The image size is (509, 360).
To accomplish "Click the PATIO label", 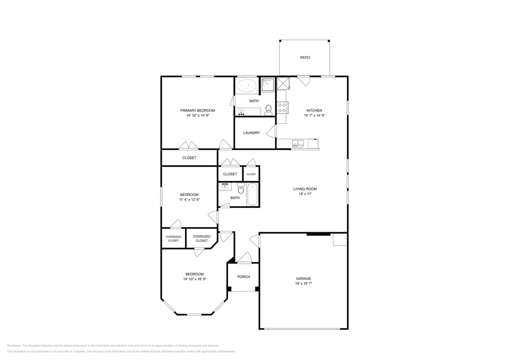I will [x=305, y=58].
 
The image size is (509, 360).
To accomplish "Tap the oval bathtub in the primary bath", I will [x=246, y=86].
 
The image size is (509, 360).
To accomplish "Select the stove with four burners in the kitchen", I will [x=282, y=108].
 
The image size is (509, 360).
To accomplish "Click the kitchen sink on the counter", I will [x=297, y=143].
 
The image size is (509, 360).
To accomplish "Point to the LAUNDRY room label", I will [x=251, y=133].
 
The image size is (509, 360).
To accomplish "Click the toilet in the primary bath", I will [x=268, y=109].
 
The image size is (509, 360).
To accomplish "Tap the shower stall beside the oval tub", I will [x=268, y=85].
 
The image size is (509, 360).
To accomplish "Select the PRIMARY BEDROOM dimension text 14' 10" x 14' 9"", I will [x=198, y=116].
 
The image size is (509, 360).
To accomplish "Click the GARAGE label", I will [x=303, y=278].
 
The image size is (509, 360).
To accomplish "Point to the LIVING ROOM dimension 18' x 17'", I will [x=305, y=194].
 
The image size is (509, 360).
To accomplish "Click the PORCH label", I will [x=243, y=277].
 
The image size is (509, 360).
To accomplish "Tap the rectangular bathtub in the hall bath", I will [x=252, y=194].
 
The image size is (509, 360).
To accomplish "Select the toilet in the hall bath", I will [x=240, y=188].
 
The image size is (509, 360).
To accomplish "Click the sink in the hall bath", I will [x=225, y=186].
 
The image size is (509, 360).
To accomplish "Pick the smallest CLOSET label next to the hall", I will [x=251, y=174].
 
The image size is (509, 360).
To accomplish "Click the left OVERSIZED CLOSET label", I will [x=173, y=238].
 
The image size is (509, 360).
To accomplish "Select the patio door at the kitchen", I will [x=304, y=80].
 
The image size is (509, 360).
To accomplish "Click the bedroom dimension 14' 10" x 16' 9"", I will [x=194, y=279].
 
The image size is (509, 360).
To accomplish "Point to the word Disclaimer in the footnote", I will [x=14, y=346].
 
